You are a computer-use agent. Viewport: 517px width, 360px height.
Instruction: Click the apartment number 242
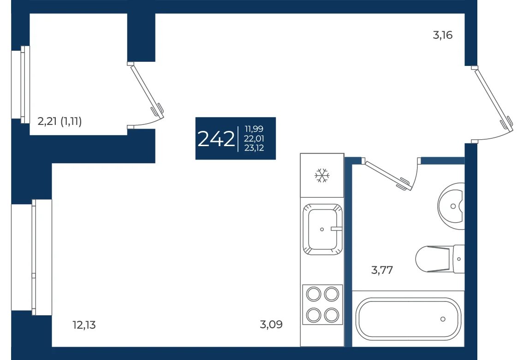pyautogui.click(x=216, y=139)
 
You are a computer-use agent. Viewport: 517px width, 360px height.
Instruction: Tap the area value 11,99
pyautogui.click(x=254, y=129)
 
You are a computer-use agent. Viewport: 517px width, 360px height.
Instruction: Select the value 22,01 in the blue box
pyautogui.click(x=254, y=138)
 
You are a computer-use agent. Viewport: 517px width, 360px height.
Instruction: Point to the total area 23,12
pyautogui.click(x=254, y=148)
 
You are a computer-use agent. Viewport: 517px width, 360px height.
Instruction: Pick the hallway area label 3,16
pyautogui.click(x=442, y=35)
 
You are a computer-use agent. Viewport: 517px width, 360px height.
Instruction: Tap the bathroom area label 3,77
pyautogui.click(x=382, y=270)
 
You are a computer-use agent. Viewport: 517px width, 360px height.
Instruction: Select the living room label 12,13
pyautogui.click(x=84, y=325)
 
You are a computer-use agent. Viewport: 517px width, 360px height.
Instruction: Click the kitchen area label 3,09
pyautogui.click(x=271, y=325)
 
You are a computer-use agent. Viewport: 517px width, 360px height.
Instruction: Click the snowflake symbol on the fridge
pyautogui.click(x=322, y=175)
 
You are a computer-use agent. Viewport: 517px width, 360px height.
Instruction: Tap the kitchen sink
pyautogui.click(x=322, y=229)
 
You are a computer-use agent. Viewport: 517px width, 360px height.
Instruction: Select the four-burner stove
pyautogui.click(x=322, y=305)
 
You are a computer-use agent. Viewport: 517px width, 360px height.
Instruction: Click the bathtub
pyautogui.click(x=408, y=319)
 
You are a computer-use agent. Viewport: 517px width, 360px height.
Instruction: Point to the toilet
pyautogui.click(x=440, y=259)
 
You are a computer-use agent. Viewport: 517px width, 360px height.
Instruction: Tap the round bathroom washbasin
pyautogui.click(x=451, y=207)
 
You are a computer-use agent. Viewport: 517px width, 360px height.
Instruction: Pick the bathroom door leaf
pyautogui.click(x=387, y=175)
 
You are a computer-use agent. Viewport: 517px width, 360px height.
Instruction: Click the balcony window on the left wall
pyautogui.click(x=20, y=84)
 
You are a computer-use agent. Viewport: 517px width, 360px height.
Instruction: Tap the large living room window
pyautogui.click(x=32, y=257)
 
